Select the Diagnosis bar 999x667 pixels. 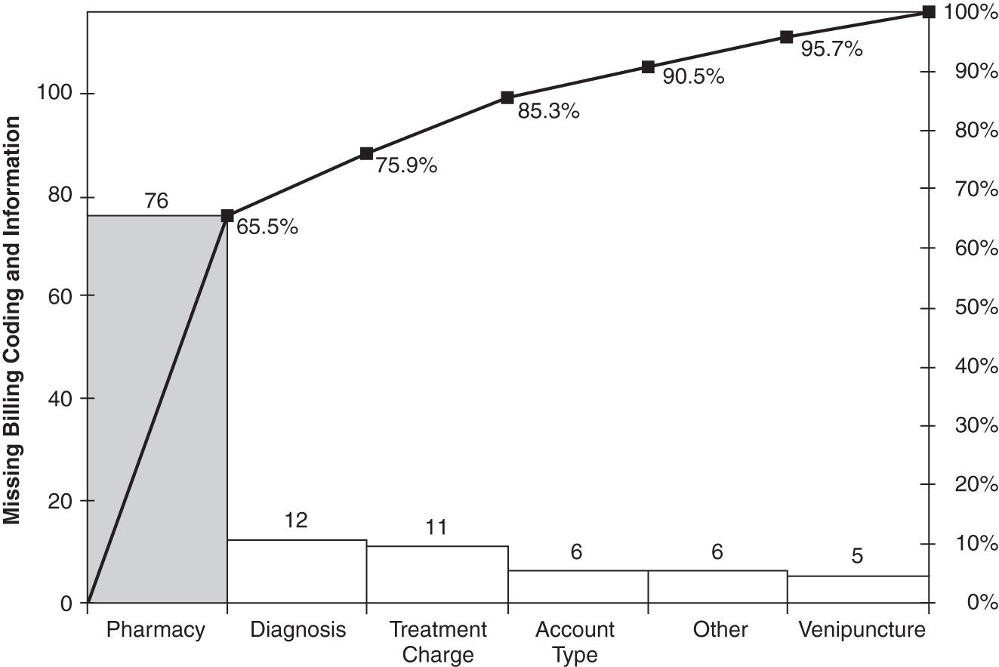pyautogui.click(x=297, y=571)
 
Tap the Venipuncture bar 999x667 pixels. pyautogui.click(x=857, y=589)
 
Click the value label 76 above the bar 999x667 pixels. pyautogui.click(x=156, y=202)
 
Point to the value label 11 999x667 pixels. pyautogui.click(x=436, y=527)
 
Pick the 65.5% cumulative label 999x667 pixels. pyautogui.click(x=267, y=227)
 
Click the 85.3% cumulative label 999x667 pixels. pyautogui.click(x=548, y=113)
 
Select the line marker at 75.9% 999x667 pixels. pyautogui.click(x=366, y=153)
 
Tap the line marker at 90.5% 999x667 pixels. pyautogui.click(x=648, y=67)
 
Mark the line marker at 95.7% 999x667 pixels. pyautogui.click(x=786, y=37)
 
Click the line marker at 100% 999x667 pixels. pyautogui.click(x=928, y=12)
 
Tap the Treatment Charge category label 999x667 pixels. pyautogui.click(x=437, y=641)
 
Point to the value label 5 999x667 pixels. pyautogui.click(x=857, y=557)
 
